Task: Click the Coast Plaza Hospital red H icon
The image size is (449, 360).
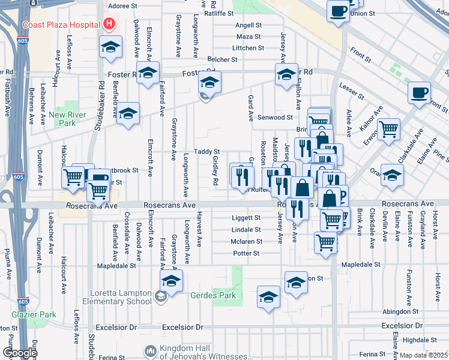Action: click(109, 25)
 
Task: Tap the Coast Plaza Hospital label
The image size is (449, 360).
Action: click(61, 25)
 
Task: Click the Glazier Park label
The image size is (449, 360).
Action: click(34, 314)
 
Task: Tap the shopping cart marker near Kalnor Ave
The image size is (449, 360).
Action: click(389, 128)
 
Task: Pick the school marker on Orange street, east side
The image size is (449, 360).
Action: click(393, 175)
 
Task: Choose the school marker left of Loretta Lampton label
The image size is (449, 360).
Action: click(171, 280)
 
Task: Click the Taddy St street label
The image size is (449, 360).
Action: click(206, 152)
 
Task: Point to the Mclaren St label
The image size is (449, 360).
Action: click(247, 242)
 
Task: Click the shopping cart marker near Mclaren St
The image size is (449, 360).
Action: click(326, 242)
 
